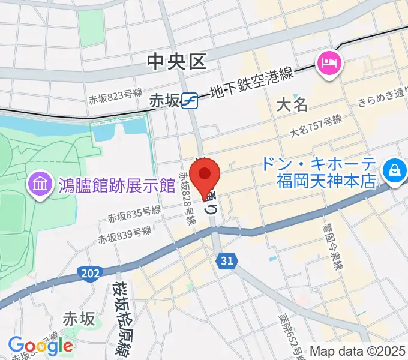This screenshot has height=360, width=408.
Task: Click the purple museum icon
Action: coord(40,183)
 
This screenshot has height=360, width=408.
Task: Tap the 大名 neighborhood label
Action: coord(292,105)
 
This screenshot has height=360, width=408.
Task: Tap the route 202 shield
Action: coord(88,273)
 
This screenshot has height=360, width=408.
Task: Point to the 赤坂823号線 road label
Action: coord(115,96)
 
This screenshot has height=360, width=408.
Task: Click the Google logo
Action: coord(40,345)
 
